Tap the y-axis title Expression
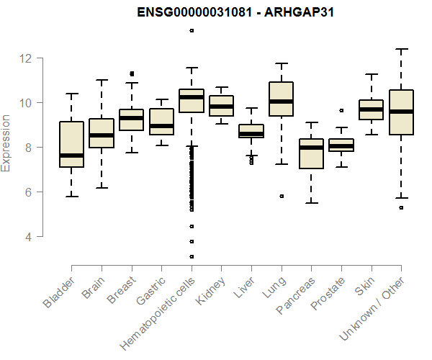[6, 143]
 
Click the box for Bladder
[71, 144]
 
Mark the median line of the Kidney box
[221, 107]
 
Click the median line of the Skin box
[371, 109]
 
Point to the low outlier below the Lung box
[282, 196]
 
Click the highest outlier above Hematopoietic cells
[192, 30]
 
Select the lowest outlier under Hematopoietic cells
[192, 256]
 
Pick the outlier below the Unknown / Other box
[401, 207]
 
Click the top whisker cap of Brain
[102, 80]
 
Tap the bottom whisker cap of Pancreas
[311, 202]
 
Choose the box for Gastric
[161, 121]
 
